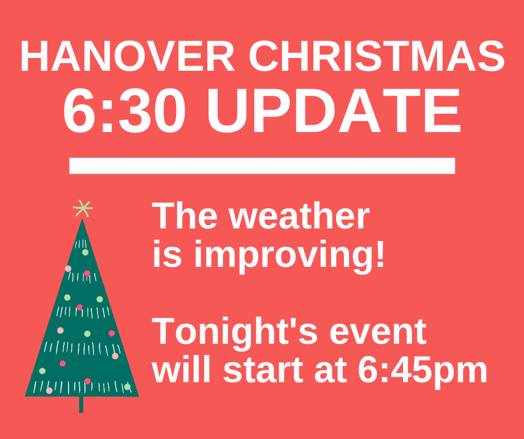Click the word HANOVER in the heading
127,56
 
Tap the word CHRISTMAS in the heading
377,56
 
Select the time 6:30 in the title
124,110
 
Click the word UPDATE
334,110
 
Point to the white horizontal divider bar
262,165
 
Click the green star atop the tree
83,208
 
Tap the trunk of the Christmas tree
81,404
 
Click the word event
378,333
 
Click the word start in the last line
263,371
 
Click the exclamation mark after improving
380,253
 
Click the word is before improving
167,254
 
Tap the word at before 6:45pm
331,371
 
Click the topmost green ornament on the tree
85,252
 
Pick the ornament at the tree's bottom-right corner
127,387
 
